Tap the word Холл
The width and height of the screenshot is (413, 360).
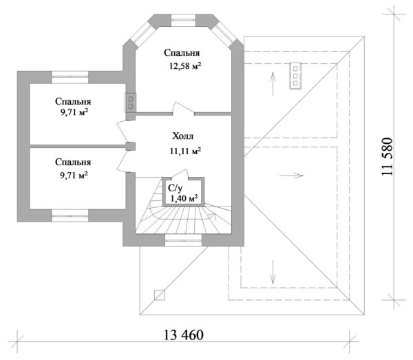183,136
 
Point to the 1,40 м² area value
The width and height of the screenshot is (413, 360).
183,198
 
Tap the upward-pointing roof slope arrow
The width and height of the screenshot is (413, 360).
273,84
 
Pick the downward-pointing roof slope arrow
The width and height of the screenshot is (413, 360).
273,270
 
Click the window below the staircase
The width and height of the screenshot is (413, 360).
184,240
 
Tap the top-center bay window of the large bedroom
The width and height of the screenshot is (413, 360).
183,18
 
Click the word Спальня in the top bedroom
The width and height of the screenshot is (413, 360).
182,52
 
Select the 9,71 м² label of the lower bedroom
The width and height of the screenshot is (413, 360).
74,176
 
